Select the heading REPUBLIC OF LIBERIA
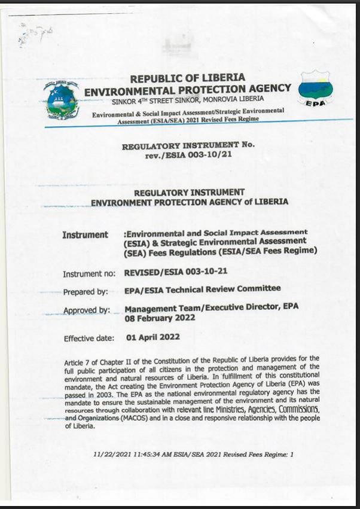click(187, 78)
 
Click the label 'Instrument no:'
click(89, 274)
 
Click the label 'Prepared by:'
click(86, 292)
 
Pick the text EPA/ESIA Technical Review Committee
click(202, 289)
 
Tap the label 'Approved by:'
click(87, 310)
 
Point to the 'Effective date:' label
click(89, 339)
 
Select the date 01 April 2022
click(153, 337)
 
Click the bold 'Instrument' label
click(85, 235)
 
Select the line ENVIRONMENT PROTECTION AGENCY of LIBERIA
click(189, 203)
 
